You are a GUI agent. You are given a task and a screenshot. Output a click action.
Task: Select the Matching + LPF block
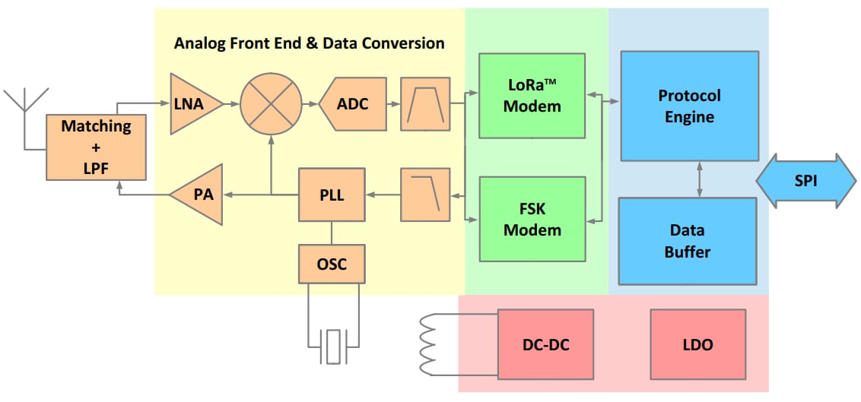pyautogui.click(x=96, y=147)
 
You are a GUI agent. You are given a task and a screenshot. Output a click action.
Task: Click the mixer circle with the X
pyautogui.click(x=271, y=104)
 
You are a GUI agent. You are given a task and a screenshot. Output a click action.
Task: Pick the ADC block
pyautogui.click(x=349, y=104)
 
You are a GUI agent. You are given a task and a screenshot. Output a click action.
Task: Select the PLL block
pyautogui.click(x=331, y=195)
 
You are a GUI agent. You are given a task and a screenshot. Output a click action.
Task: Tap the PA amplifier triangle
pyautogui.click(x=199, y=195)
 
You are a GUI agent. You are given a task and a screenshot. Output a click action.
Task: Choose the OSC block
pyautogui.click(x=331, y=264)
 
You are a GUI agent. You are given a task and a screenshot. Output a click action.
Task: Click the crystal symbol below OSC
pyautogui.click(x=332, y=346)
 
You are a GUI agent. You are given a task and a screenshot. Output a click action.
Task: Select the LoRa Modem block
pyautogui.click(x=532, y=96)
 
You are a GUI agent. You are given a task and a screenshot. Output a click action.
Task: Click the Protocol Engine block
pyautogui.click(x=689, y=106)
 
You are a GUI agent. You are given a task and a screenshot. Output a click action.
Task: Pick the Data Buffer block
pyautogui.click(x=687, y=240)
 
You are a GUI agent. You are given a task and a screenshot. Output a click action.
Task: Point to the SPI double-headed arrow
pyautogui.click(x=805, y=181)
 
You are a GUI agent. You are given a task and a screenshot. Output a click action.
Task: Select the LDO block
pyautogui.click(x=697, y=344)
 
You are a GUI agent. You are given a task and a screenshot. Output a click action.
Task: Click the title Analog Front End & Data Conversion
pyautogui.click(x=309, y=43)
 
